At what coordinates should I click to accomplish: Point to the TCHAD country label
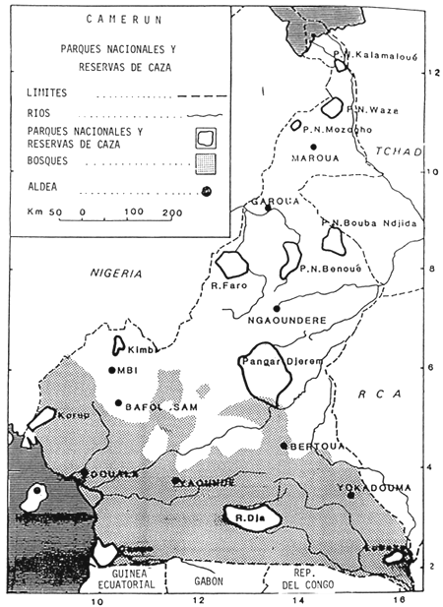coord(399,151)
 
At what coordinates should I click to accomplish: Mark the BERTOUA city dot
coord(284,446)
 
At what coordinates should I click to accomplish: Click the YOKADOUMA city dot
coord(350,494)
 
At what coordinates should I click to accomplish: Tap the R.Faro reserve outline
coord(233,264)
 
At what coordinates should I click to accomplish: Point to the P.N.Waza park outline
coord(335,106)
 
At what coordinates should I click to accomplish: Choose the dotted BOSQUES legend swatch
coord(204,157)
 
